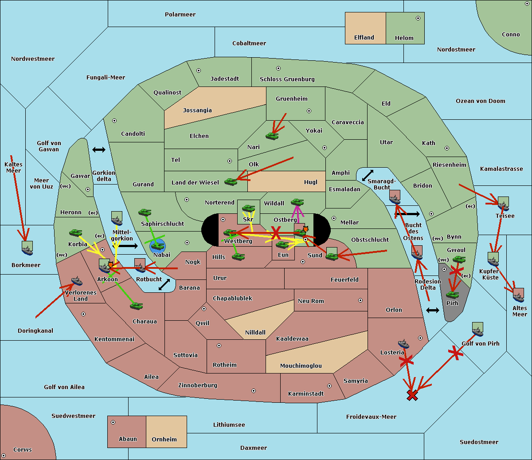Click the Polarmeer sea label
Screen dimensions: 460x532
(180, 15)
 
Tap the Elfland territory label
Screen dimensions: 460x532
(364, 38)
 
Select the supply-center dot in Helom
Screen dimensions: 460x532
(418, 18)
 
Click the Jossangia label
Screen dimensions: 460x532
(197, 110)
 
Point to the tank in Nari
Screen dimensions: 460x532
(272, 135)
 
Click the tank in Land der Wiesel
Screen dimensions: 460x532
(231, 181)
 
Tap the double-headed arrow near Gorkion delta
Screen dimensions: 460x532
(98, 149)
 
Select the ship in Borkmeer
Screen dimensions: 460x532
(27, 249)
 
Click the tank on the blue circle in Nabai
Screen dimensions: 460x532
(157, 245)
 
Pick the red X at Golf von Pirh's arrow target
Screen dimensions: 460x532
(412, 395)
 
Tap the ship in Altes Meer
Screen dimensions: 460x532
(518, 295)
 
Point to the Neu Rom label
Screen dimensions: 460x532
(311, 301)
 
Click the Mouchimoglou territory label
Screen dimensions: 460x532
(301, 366)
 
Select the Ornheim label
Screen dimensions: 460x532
(164, 440)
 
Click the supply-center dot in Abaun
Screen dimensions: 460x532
(113, 422)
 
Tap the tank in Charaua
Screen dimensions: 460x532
(136, 306)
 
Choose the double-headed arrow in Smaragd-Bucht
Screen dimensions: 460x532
(368, 176)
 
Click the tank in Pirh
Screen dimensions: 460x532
(453, 294)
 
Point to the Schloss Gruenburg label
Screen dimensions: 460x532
(287, 79)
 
